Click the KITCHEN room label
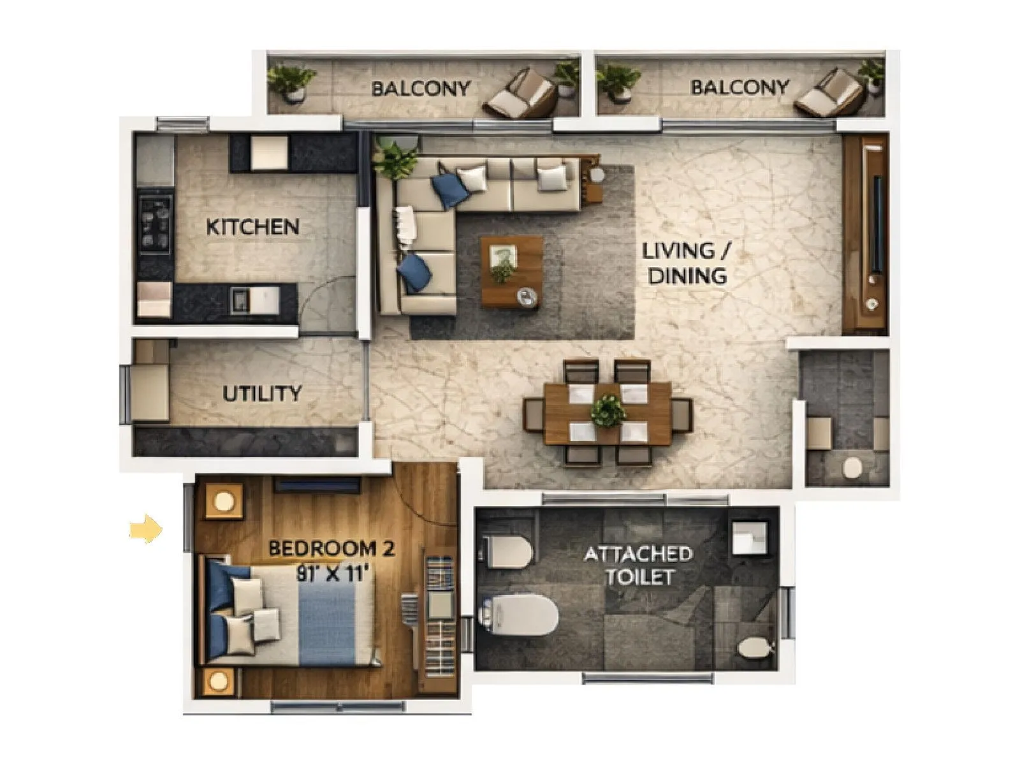point(252,227)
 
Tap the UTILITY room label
point(261,393)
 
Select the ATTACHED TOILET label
point(639,565)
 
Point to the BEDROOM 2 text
point(331,548)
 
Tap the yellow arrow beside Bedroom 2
point(146,528)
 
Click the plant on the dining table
point(608,410)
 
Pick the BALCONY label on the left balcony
point(421,88)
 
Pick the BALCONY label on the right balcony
point(739,87)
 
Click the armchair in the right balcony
point(830,92)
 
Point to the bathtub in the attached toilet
point(520,613)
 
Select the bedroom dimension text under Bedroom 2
point(333,573)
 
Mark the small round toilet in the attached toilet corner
point(754,648)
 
